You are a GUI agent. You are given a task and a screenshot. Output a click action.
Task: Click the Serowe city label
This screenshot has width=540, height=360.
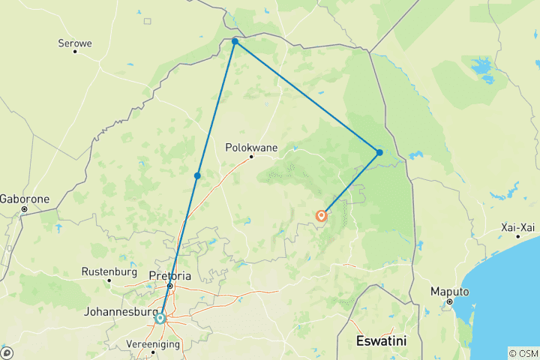click(75, 43)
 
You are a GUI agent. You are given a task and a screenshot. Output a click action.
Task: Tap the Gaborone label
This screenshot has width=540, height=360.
click(24, 199)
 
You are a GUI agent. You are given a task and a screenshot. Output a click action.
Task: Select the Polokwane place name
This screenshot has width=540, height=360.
click(251, 148)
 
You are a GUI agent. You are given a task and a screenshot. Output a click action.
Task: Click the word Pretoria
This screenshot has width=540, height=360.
click(170, 275)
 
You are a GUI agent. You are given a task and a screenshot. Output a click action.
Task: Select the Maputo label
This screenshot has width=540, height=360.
click(449, 291)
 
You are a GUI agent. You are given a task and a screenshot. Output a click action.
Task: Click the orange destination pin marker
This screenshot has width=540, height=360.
click(322, 216)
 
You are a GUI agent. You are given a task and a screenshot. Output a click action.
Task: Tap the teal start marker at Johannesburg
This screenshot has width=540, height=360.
click(160, 318)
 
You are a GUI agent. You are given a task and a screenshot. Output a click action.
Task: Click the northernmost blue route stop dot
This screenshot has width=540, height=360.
click(235, 42)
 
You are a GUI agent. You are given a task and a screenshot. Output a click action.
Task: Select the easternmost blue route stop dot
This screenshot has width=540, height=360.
click(379, 153)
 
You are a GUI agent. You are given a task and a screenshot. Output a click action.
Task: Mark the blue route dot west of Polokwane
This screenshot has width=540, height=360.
click(197, 175)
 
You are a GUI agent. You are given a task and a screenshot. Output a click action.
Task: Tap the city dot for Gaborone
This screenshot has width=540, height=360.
click(24, 209)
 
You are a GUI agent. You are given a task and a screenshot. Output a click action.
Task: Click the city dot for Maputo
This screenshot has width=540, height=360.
click(449, 301)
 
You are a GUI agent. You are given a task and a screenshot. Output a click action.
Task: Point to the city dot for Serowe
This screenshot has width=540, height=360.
click(75, 51)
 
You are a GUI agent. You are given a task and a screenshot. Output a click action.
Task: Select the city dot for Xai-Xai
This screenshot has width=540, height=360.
click(517, 236)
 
